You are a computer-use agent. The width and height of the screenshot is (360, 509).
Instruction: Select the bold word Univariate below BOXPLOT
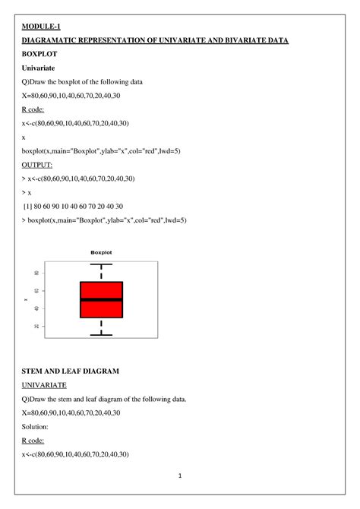coord(43,68)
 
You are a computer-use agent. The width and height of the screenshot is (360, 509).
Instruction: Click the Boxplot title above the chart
coord(101,252)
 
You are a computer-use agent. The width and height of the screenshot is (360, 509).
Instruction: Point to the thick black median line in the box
coord(101,299)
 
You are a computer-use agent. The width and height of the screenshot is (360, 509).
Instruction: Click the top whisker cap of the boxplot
coord(101,264)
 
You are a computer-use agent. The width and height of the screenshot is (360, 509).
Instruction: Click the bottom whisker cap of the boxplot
coord(101,335)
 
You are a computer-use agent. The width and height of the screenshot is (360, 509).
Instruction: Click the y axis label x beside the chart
coord(26,300)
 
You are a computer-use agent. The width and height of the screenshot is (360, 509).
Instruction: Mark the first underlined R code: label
coord(36,109)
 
